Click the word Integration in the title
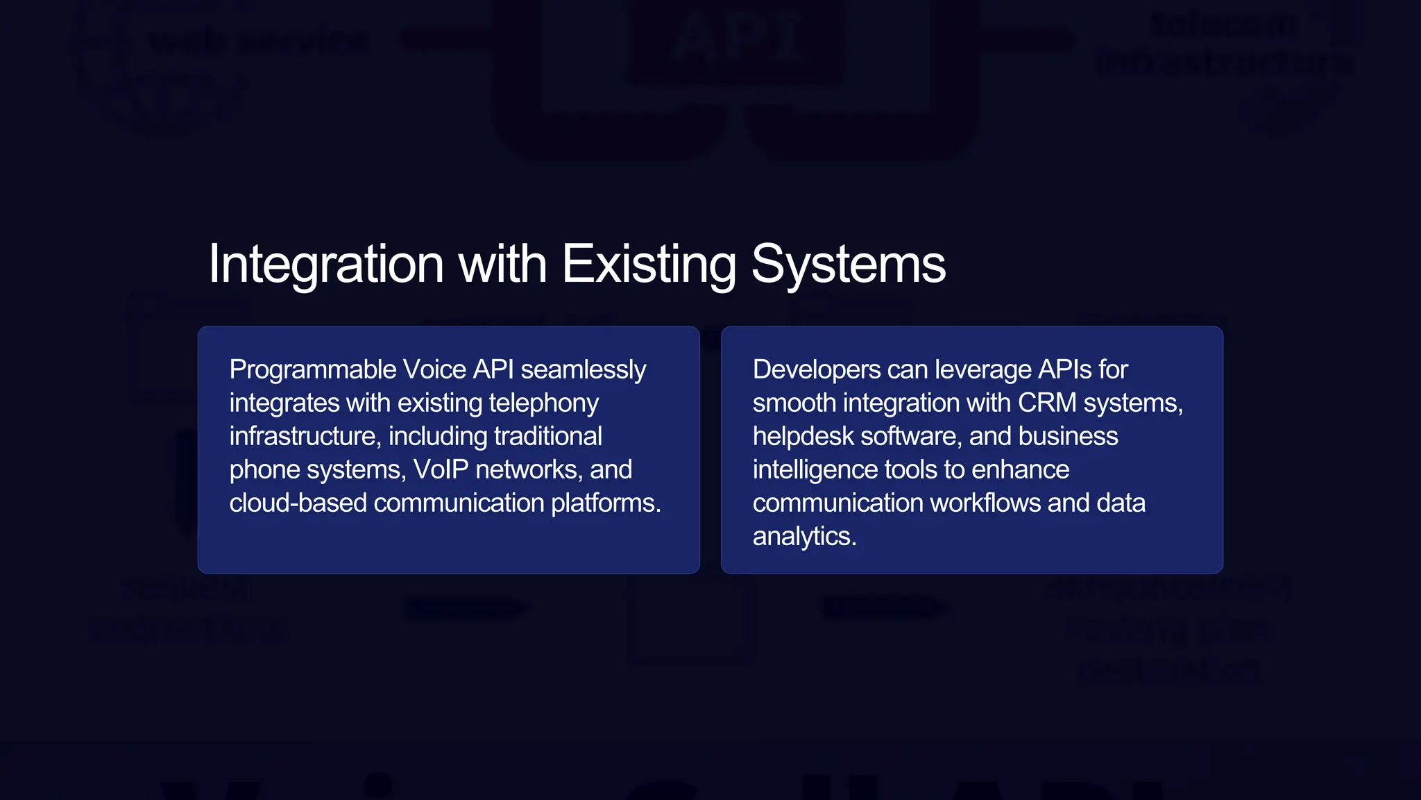326,265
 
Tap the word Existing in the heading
648,265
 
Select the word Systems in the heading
848,265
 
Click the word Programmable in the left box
312,370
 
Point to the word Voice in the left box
434,370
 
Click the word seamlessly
583,370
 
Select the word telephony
543,403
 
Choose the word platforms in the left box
605,503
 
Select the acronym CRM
1047,403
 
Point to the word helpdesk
803,437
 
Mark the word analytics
804,537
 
